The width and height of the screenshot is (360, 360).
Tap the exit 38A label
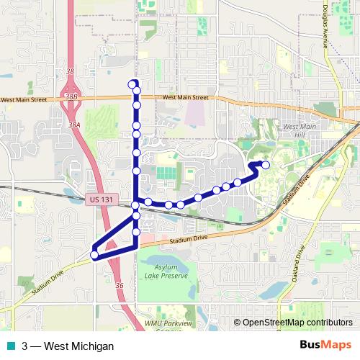coord(75,125)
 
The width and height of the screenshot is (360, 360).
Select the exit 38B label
coord(71,95)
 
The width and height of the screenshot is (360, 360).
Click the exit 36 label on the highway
coord(119,286)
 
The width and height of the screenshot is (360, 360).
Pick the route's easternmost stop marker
coord(266,166)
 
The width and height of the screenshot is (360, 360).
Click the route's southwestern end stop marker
coord(94,254)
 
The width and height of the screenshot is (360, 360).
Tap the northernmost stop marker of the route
coord(132,84)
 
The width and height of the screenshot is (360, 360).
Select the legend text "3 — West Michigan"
coord(68,346)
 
